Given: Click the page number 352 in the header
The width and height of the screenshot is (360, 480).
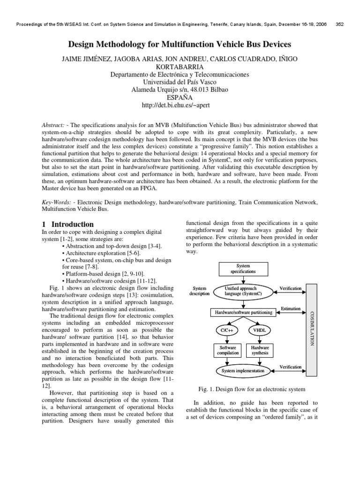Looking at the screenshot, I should point(341,25).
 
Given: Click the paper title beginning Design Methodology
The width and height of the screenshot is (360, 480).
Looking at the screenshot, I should point(180,45).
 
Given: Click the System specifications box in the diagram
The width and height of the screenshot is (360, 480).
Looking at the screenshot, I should point(243,269).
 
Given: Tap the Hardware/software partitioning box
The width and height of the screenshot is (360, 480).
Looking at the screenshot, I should point(243,312).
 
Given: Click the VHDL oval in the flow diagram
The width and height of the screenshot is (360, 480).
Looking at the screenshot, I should point(260,330).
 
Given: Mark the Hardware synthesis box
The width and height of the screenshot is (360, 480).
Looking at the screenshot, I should point(260,351).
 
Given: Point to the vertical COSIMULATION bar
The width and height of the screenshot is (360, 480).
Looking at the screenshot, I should point(312,328).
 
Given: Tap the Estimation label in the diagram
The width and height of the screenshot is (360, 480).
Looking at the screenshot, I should point(290,309).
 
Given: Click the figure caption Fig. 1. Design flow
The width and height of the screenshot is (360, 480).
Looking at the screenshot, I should point(251,389).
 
